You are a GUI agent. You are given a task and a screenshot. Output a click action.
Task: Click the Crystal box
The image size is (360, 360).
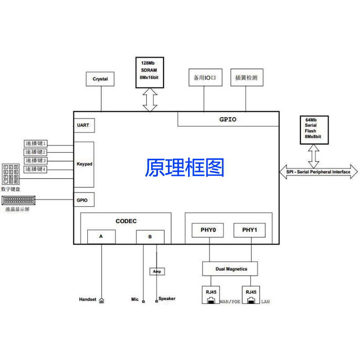pos(100,79)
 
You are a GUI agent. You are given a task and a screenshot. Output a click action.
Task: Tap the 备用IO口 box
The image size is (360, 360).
pos(205,77)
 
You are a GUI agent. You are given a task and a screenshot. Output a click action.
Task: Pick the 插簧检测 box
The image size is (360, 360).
pos(246,77)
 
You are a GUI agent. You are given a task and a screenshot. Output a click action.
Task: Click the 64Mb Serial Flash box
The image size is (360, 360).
pos(314,130)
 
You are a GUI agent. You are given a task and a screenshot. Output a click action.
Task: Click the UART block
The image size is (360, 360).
pos(84,125)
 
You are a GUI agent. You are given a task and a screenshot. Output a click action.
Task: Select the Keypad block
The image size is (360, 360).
pos(84,164)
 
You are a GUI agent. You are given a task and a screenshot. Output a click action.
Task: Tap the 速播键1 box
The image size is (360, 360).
pos(36,144)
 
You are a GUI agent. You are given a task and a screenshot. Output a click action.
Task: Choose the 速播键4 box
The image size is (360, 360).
pos(36,169)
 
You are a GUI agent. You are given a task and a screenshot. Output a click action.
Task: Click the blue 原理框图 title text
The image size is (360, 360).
pos(184,168)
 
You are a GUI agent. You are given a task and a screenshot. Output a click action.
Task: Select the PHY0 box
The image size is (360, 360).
pos(208,230)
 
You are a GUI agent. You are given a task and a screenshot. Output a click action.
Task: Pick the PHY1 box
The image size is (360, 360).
pos(249,230)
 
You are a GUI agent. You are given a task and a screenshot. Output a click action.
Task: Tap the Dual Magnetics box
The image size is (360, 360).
pos(231,269)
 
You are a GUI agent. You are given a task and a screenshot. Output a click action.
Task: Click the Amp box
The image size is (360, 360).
pos(157,272)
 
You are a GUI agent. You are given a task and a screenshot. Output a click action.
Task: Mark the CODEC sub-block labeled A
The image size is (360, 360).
pos(101,236)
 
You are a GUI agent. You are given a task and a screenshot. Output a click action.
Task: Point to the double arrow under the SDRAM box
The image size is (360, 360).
pos(150,100)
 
